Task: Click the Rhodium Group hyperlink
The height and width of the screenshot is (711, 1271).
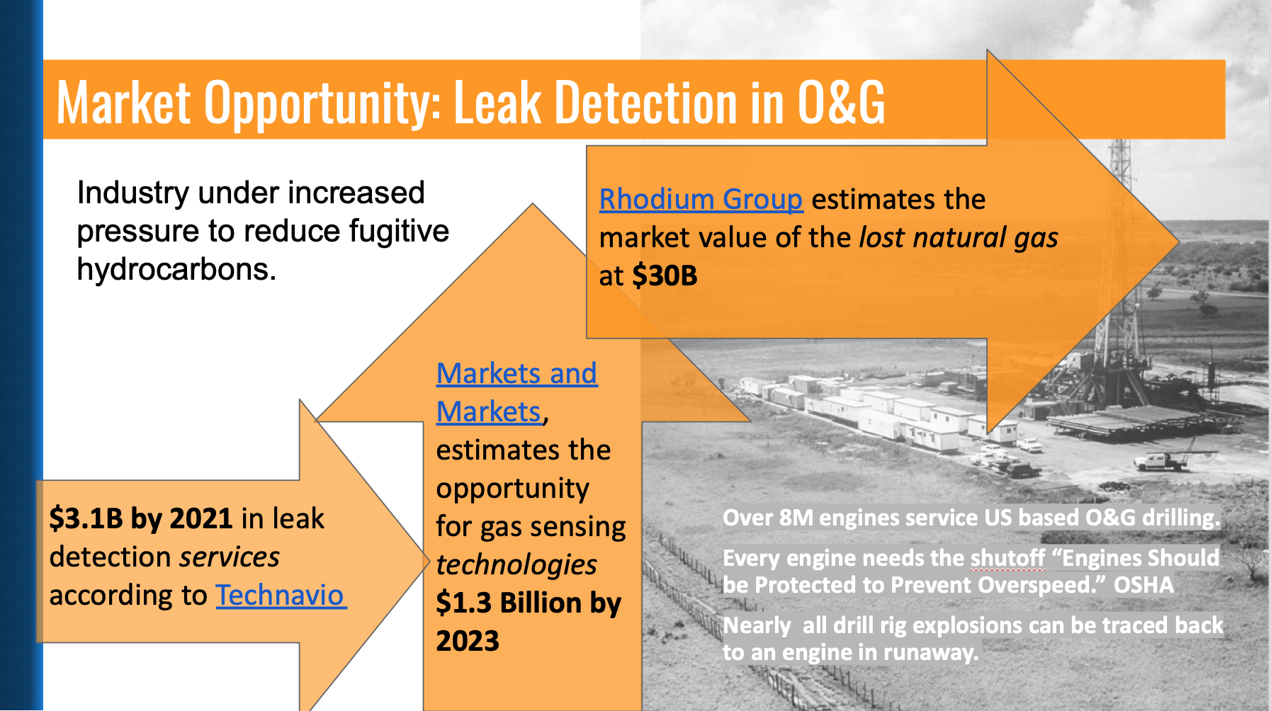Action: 701,200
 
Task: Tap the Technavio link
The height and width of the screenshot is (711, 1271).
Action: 281,596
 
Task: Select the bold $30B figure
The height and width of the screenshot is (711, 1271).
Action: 665,276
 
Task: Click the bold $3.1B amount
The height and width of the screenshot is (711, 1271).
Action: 86,519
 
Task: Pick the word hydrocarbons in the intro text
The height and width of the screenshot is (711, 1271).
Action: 176,270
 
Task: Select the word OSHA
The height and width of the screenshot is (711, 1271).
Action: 1143,585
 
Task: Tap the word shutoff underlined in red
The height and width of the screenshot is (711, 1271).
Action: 1007,558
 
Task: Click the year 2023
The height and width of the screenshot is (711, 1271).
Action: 468,642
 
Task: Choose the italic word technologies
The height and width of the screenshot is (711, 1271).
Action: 516,565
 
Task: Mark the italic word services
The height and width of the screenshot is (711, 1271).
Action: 230,557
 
